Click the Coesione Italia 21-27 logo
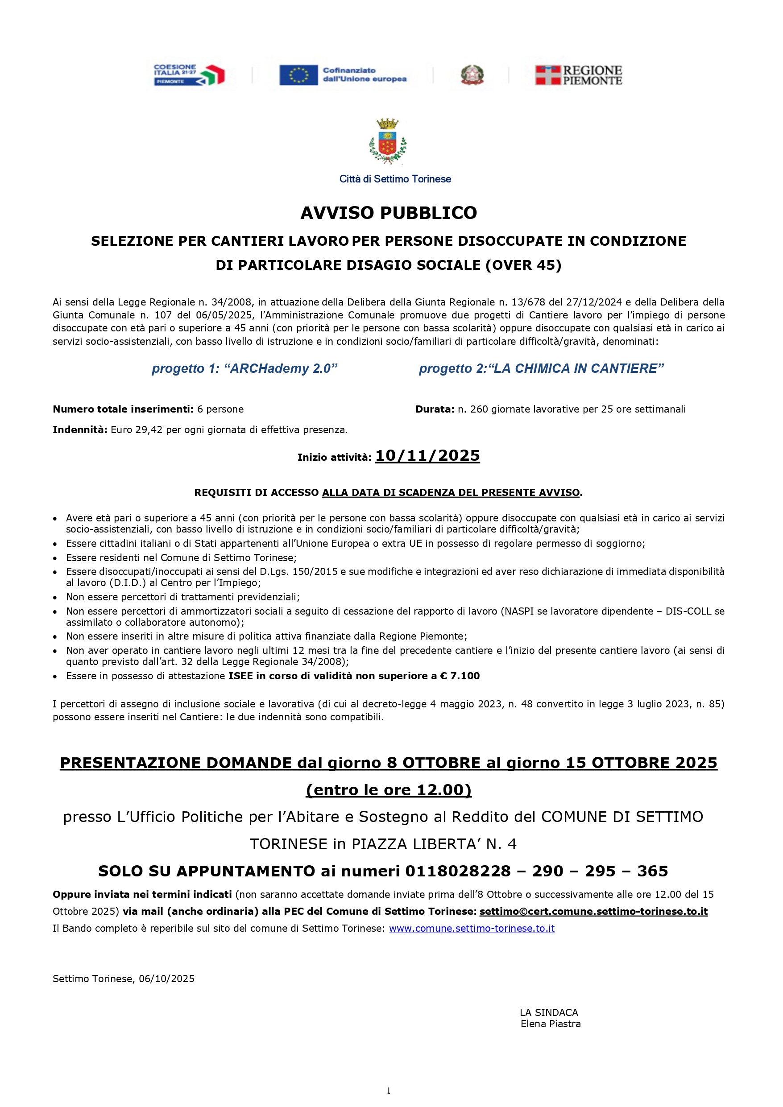click(x=189, y=75)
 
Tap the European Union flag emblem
click(x=298, y=75)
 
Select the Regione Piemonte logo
click(x=579, y=75)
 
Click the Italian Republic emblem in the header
click(x=472, y=75)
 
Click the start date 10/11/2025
click(x=427, y=456)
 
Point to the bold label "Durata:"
click(x=435, y=409)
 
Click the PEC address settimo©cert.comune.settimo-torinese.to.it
click(x=593, y=911)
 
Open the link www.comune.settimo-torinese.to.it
click(x=472, y=928)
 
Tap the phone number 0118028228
click(x=458, y=871)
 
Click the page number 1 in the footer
click(x=389, y=1090)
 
